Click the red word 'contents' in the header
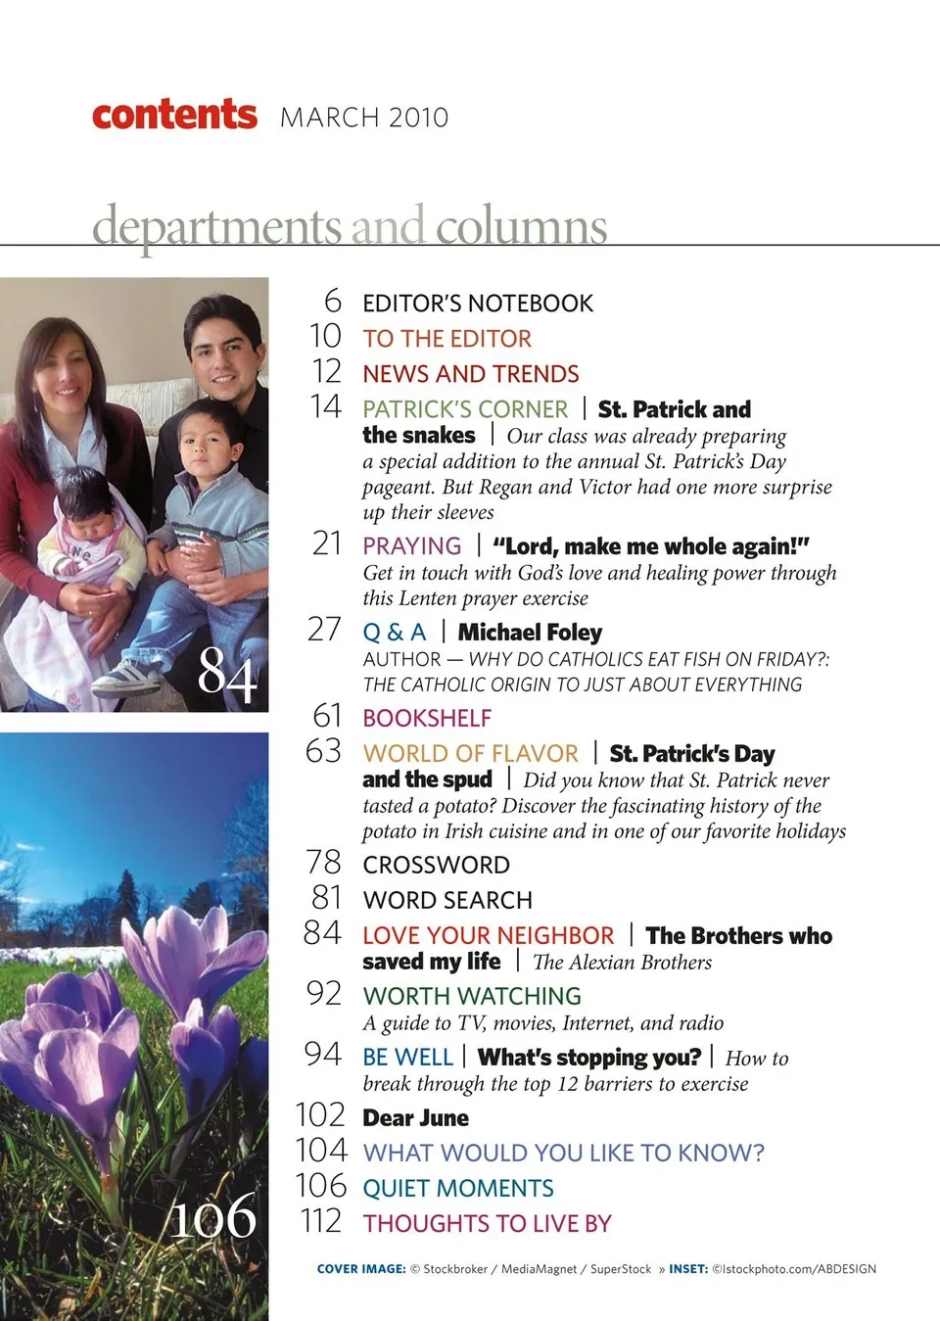174,115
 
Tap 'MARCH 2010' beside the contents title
364,118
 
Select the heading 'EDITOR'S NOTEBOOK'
478,304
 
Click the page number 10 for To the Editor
325,337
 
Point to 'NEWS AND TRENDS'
471,374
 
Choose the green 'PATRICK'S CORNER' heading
465,409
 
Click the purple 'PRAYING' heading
411,546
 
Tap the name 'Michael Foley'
530,633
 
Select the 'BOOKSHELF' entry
427,719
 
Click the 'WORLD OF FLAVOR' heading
470,754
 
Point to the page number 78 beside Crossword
323,863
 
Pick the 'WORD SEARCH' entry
447,900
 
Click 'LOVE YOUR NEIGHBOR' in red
488,936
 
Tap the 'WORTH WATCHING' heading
472,996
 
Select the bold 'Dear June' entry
415,1118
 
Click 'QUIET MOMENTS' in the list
458,1189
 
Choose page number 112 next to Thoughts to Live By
321,1222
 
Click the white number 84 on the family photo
227,675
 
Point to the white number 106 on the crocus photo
213,1217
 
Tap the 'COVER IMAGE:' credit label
361,1269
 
